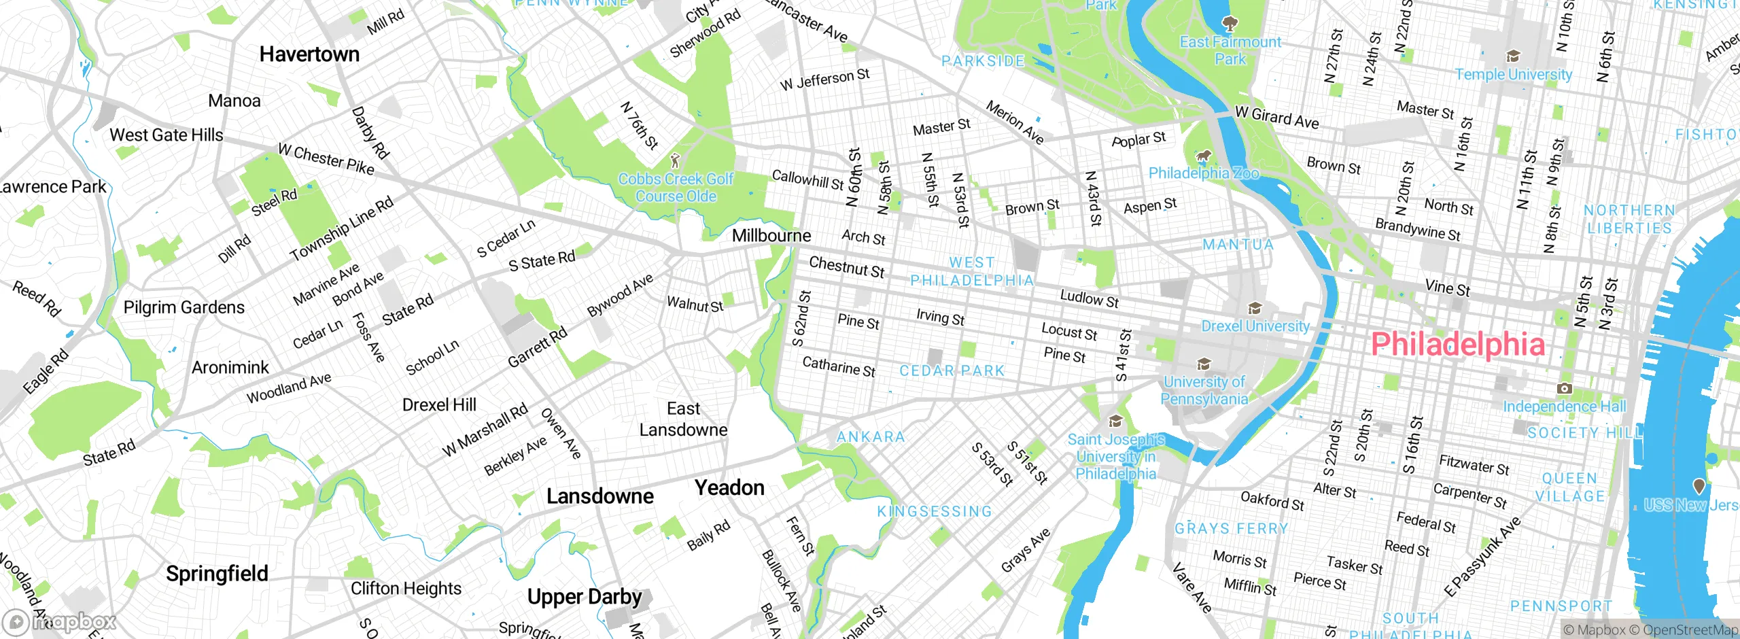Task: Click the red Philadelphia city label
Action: pyautogui.click(x=1458, y=344)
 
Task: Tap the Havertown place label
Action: pyautogui.click(x=309, y=54)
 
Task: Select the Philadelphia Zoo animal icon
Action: pyautogui.click(x=1204, y=156)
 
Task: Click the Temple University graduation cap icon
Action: pyautogui.click(x=1513, y=56)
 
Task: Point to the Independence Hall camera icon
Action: pyautogui.click(x=1564, y=388)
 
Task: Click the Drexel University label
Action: pyautogui.click(x=1255, y=326)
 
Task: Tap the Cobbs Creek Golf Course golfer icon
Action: pyautogui.click(x=675, y=160)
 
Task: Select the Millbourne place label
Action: pyautogui.click(x=771, y=236)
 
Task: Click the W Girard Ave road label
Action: pyautogui.click(x=1276, y=118)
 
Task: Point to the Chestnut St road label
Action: pyautogui.click(x=847, y=267)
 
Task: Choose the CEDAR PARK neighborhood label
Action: pyautogui.click(x=952, y=371)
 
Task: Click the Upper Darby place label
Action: pyautogui.click(x=585, y=597)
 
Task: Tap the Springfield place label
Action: pyautogui.click(x=217, y=574)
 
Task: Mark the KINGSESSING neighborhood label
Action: pyautogui.click(x=935, y=511)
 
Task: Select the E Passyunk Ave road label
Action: pyautogui.click(x=1482, y=557)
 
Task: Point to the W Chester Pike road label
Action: pyautogui.click(x=326, y=158)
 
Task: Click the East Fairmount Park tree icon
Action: pyautogui.click(x=1229, y=24)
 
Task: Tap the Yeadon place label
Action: pyautogui.click(x=729, y=487)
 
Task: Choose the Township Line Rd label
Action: pyautogui.click(x=341, y=229)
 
